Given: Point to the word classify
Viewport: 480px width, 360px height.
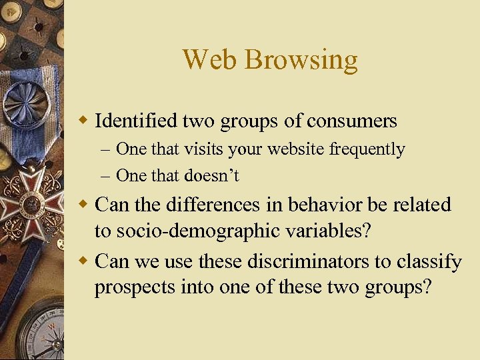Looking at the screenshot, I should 429,262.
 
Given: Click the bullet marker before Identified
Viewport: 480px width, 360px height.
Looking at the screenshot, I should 83,121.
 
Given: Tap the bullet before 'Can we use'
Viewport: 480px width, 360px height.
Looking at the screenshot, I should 83,261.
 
